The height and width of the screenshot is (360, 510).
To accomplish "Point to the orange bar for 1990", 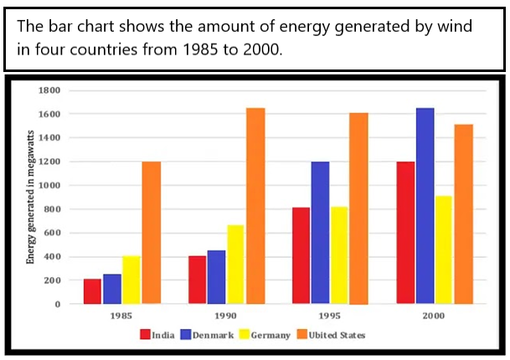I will pos(255,205).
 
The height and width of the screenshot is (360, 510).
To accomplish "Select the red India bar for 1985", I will pos(92,291).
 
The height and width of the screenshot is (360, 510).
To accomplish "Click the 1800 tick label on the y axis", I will pos(51,90).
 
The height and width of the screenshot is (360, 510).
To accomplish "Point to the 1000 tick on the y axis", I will pos(51,185).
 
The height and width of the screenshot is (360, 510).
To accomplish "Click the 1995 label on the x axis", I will pos(329,316).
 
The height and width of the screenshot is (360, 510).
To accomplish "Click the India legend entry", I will pos(157,335).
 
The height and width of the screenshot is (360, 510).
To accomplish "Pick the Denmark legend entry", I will pos(209,335).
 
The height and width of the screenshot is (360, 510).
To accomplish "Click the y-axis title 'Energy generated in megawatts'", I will pos(30,197).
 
